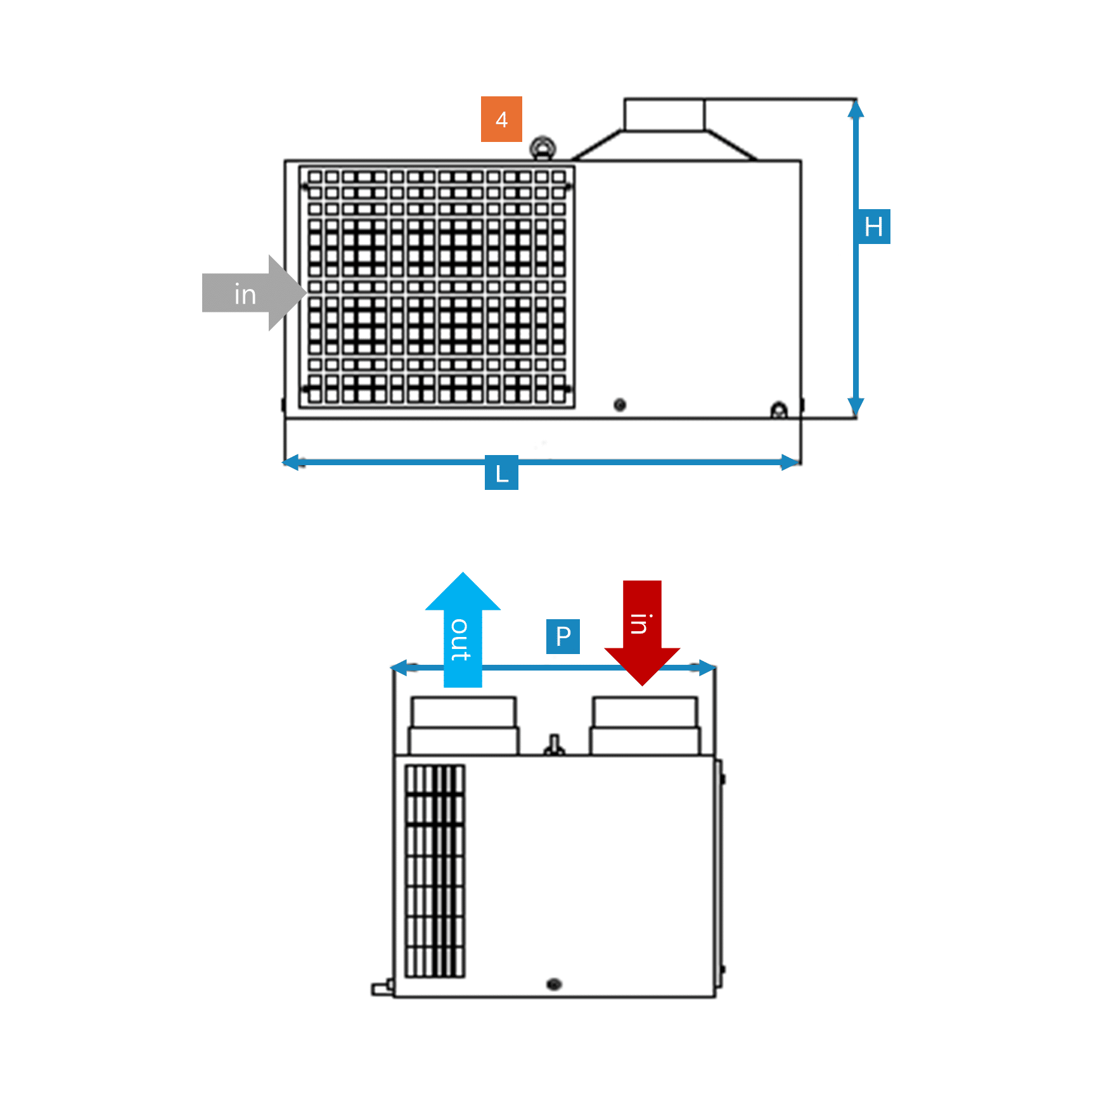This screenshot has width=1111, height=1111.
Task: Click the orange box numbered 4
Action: tap(501, 119)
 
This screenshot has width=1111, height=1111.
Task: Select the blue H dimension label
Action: tap(873, 226)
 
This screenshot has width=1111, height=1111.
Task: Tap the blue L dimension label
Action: tap(501, 473)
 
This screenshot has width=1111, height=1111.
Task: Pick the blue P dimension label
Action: tap(563, 636)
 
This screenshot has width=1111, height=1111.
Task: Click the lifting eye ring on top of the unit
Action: tap(543, 148)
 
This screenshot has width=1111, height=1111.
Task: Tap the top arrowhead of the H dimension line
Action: tap(856, 110)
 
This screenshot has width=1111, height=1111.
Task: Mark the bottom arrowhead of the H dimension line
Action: tap(856, 406)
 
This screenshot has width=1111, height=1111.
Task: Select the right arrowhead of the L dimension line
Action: tap(790, 462)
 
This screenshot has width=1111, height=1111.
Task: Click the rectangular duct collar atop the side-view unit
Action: tap(664, 115)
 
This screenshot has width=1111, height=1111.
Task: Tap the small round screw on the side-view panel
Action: tap(620, 404)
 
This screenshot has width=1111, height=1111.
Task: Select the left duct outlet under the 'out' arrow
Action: tap(463, 726)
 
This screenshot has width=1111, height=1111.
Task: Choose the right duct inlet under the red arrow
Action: tap(645, 726)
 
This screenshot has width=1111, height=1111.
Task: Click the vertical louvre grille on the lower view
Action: tap(435, 871)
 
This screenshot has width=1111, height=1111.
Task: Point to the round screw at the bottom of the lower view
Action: tap(554, 984)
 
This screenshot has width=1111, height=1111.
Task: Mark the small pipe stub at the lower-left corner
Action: tap(381, 988)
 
